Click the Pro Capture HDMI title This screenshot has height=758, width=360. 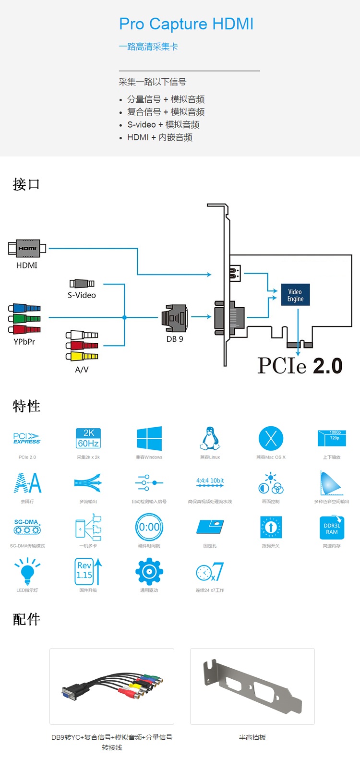pos(186,24)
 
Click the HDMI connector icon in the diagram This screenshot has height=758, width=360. pos(27,248)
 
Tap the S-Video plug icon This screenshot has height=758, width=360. pos(82,284)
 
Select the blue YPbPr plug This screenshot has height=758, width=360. pos(24,308)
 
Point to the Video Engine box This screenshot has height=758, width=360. pos(295,295)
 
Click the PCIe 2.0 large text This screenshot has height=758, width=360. pos(300,365)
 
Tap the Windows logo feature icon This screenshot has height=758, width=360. pos(149,438)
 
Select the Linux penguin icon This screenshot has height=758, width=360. pos(210,438)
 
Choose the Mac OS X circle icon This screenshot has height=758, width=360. pos(271,438)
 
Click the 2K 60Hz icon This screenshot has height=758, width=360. pos(88,438)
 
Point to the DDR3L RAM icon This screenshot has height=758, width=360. pos(332,528)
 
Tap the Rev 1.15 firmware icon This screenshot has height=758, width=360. pos(88,571)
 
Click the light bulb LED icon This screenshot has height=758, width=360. pos(27,570)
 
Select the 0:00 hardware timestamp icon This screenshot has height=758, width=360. pos(149,527)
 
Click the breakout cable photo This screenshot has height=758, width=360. pos(112,686)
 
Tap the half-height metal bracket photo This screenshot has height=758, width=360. pos(252,686)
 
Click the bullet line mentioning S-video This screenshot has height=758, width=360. pos(163,125)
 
